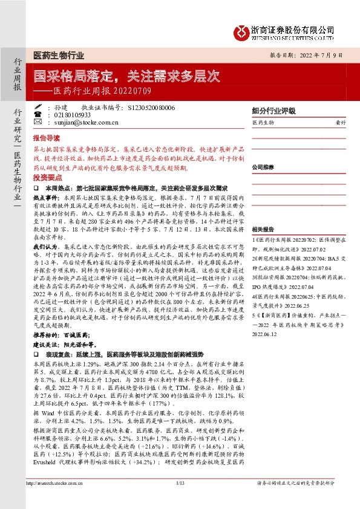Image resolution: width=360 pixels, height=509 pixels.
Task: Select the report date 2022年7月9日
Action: coord(325,55)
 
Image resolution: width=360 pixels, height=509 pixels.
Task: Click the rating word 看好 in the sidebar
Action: coord(341,123)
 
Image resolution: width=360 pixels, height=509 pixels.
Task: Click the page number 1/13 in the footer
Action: coord(179,499)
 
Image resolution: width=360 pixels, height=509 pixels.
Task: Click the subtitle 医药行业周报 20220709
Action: coord(91,92)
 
